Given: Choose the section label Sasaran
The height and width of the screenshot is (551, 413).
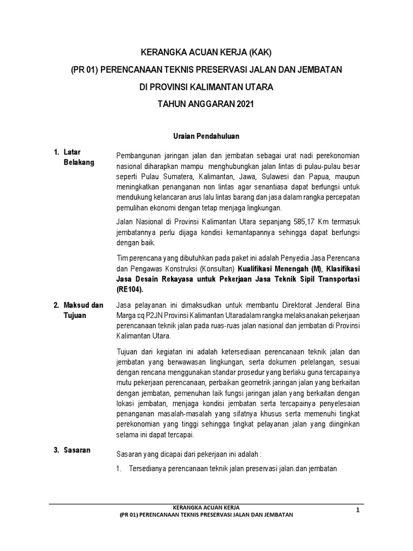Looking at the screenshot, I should coord(77,450).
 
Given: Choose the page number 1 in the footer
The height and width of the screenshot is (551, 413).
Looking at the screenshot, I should coord(357,510).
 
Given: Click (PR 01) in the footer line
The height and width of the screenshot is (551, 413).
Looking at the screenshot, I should coord(129,515).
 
